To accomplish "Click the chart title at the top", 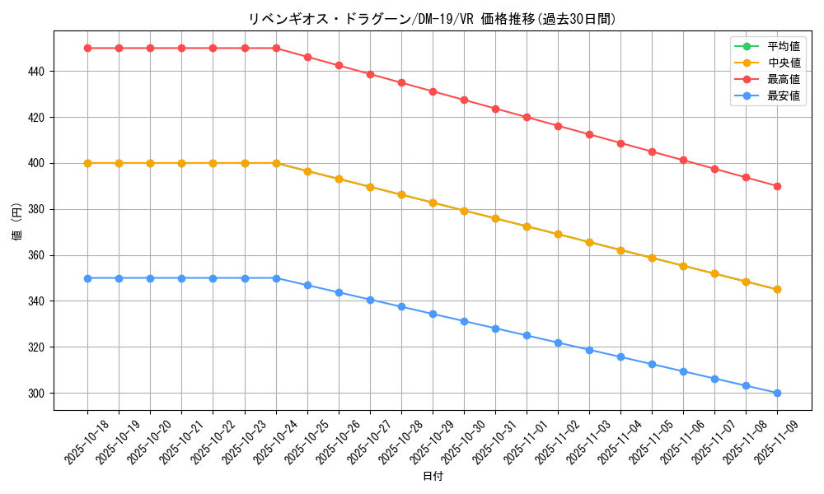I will pos(432,19).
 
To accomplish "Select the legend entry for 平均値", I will pos(783,46).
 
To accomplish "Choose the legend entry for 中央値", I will pos(783,63).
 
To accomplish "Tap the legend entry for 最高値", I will pos(783,80).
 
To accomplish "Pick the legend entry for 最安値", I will pos(783,96).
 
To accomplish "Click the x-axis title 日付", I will pos(432,477).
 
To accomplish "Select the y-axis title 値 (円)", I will pos(17,223).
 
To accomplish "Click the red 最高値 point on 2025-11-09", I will pos(777,186).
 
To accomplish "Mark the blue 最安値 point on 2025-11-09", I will pos(777,394).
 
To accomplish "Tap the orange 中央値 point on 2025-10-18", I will pos(87,163).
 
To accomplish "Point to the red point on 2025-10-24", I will pos(276,48).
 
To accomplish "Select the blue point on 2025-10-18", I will pos(87,278).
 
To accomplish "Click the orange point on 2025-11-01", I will pos(527,226).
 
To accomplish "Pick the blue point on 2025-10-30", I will pos(464,321).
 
